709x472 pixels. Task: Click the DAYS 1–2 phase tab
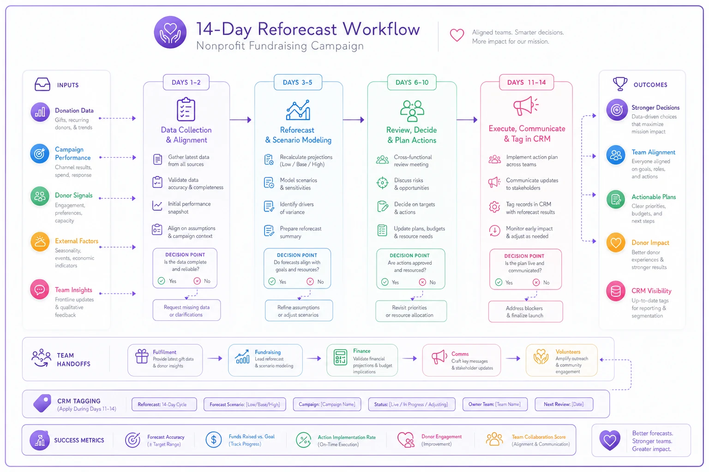coord(186,83)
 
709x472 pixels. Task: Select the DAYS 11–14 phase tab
coord(526,83)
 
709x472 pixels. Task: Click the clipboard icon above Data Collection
coord(186,109)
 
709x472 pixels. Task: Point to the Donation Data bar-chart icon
coord(40,112)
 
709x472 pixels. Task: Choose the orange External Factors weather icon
coord(40,242)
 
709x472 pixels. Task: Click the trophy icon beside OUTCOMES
coord(620,84)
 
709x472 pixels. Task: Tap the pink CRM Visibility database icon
coord(616,291)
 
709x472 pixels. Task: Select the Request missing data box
coord(186,311)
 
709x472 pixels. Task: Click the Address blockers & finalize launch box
coord(525,312)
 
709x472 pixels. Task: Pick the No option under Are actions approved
coord(427,282)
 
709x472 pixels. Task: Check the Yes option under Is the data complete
coord(167,281)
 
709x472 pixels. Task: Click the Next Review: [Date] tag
coord(564,404)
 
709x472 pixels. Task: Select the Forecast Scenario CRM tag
coord(245,404)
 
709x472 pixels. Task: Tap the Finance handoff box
coord(362,360)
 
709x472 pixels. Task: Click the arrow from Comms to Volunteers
coord(513,359)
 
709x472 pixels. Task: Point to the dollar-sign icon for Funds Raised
coord(214,440)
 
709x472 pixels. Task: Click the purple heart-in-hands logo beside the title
coord(170,32)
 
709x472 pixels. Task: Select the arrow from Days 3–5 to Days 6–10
coord(354,120)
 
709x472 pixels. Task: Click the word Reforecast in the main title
coord(297,29)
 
